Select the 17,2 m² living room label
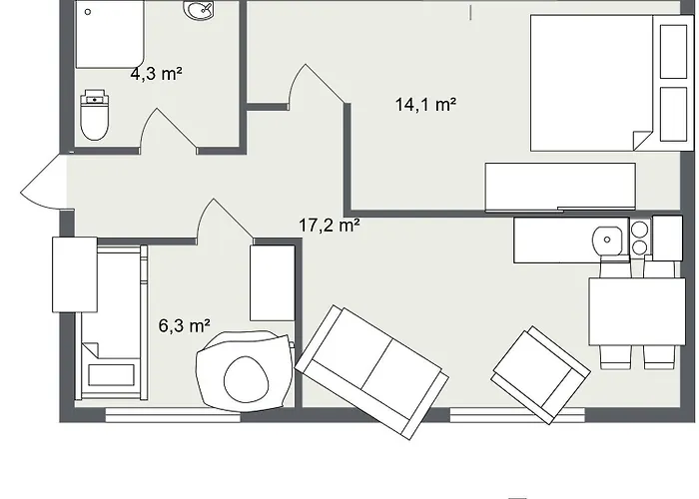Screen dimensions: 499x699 pyautogui.click(x=329, y=226)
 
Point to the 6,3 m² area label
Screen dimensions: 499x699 pyautogui.click(x=184, y=324)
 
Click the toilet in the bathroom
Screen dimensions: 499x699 pyautogui.click(x=95, y=116)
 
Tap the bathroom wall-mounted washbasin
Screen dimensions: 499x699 pyautogui.click(x=199, y=10)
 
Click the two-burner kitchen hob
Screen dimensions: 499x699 pyautogui.click(x=639, y=240)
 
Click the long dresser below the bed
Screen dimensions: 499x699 pyautogui.click(x=560, y=187)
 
